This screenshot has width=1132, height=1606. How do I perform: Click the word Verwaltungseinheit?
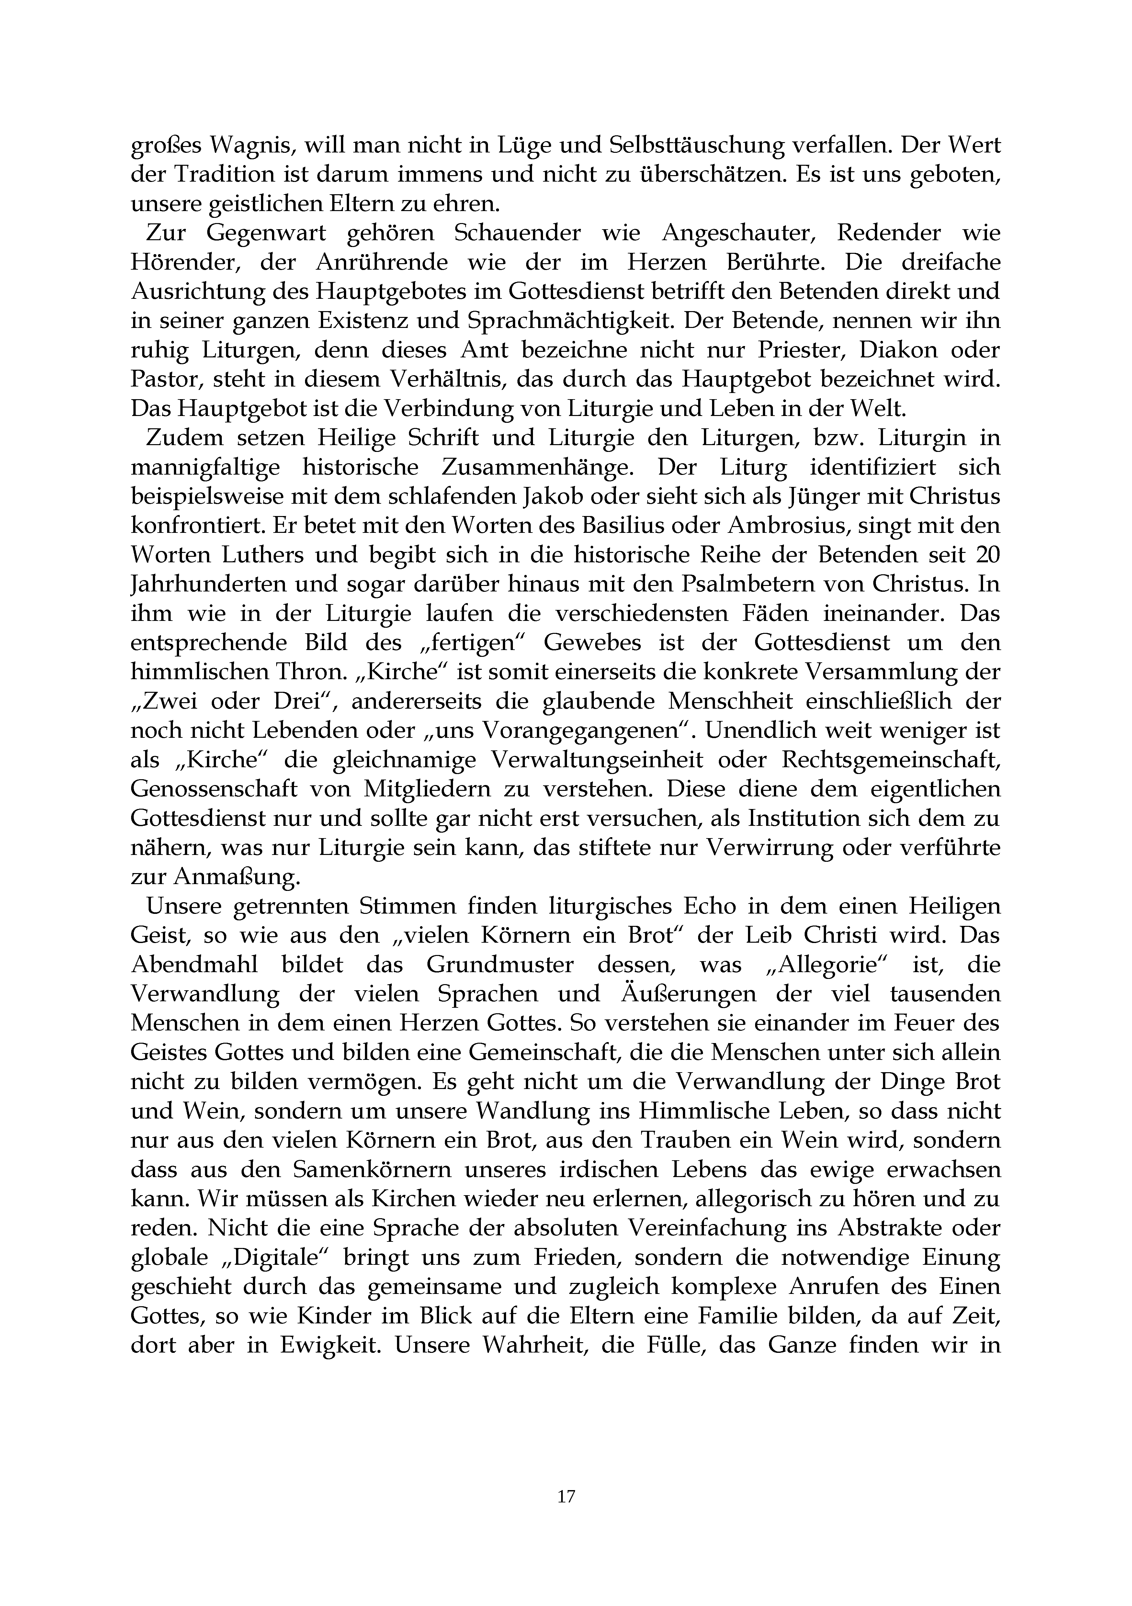click(x=596, y=759)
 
